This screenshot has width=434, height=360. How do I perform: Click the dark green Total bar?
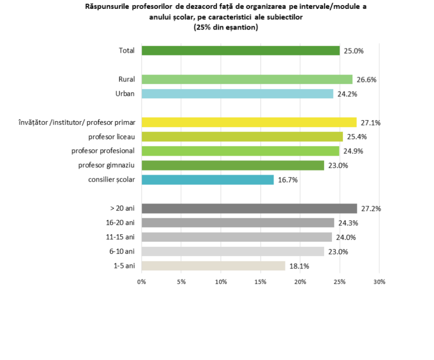(x=240, y=51)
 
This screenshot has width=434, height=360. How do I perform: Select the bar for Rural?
(x=247, y=79)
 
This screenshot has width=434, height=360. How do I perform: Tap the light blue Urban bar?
(x=237, y=94)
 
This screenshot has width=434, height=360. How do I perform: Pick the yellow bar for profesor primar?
(x=249, y=122)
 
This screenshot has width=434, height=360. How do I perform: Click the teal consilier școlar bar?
(x=207, y=180)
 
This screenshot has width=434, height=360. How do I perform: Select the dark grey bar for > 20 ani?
(x=249, y=208)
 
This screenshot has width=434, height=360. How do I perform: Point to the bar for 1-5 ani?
(x=213, y=266)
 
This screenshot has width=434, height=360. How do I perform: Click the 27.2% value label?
(x=371, y=208)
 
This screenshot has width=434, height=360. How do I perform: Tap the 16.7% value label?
(x=288, y=180)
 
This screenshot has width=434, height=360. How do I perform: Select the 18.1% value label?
(x=299, y=266)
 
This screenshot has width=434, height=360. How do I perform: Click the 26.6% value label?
(x=366, y=79)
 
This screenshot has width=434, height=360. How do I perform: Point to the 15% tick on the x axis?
(x=260, y=282)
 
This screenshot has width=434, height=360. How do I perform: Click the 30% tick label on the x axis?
(x=379, y=282)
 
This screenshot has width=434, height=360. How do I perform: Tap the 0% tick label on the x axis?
(x=142, y=282)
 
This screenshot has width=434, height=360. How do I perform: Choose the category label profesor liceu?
(x=111, y=137)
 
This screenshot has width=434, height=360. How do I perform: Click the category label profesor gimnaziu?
(x=106, y=165)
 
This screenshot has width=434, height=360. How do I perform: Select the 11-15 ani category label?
(x=120, y=237)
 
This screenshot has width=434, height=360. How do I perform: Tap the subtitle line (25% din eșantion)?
(x=225, y=28)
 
